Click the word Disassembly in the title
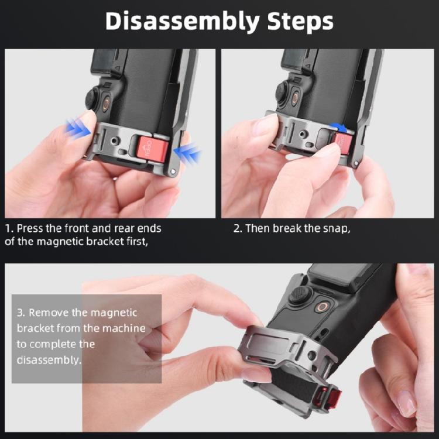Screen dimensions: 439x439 pyautogui.click(x=174, y=22)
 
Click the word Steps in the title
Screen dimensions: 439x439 pyautogui.click(x=296, y=22)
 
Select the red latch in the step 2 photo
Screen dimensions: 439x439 pyautogui.click(x=341, y=142)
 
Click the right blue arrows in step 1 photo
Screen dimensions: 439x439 pyautogui.click(x=191, y=154)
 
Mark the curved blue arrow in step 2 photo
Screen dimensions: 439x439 pyautogui.click(x=338, y=125)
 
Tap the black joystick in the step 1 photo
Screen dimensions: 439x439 pyautogui.click(x=92, y=98)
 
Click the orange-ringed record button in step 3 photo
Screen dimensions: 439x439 pyautogui.click(x=323, y=307)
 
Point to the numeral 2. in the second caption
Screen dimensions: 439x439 pyautogui.click(x=237, y=228)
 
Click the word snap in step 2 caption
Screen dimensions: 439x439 pyautogui.click(x=337, y=228)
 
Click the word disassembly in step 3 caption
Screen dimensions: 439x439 pyautogui.click(x=49, y=360)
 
